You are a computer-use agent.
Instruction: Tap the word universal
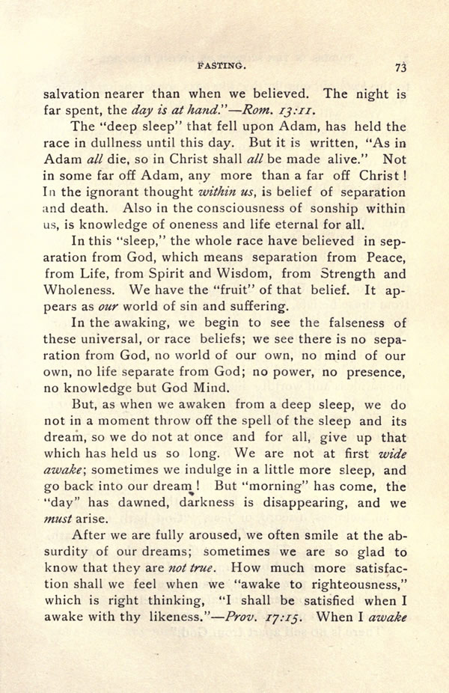[115, 340]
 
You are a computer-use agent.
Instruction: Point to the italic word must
[58, 519]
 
